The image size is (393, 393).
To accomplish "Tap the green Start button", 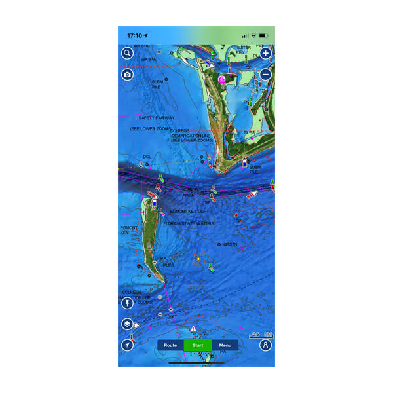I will (198, 345).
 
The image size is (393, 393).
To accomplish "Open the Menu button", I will (225, 345).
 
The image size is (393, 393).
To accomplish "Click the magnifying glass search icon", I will (127, 54).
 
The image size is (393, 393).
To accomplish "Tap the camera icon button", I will (127, 74).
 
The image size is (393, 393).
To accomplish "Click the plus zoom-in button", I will (265, 54).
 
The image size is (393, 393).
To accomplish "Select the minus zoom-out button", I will (265, 74).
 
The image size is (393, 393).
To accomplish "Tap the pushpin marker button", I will (127, 303).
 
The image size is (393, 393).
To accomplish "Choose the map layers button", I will (127, 324).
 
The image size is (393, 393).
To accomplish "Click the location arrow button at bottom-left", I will (127, 345).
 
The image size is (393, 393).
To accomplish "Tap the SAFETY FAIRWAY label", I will (156, 118).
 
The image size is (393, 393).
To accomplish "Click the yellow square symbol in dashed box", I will (198, 259).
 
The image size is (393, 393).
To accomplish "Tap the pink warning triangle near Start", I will (193, 329).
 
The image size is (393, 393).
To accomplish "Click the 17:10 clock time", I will (136, 35).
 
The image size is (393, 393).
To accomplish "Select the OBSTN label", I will (230, 245).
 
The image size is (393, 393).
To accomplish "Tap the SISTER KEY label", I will (244, 50).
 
